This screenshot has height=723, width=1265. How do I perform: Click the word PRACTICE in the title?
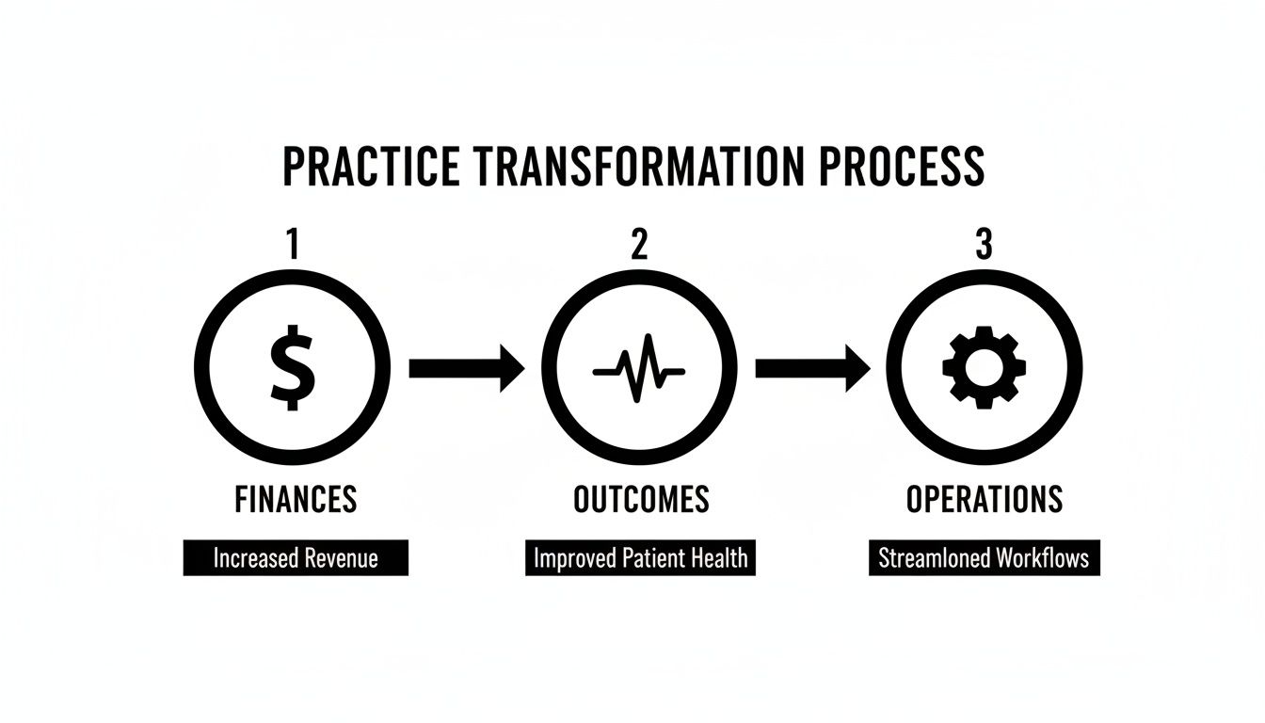tap(372, 167)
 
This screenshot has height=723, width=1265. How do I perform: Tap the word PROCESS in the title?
tap(901, 167)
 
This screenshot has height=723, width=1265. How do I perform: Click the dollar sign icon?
tap(292, 367)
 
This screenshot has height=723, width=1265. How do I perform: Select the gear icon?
tap(984, 367)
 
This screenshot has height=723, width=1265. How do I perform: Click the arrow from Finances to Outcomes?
tap(466, 367)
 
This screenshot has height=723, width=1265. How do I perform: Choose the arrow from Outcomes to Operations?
tap(812, 367)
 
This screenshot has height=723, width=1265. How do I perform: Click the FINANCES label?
tap(296, 499)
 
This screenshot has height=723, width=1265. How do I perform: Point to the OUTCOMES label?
tap(641, 499)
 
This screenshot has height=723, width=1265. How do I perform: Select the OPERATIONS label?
tap(985, 499)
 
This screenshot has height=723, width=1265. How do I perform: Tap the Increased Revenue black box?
tap(296, 557)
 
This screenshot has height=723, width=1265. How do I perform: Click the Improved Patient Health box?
tap(640, 557)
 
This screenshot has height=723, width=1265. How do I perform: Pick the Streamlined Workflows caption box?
tap(984, 557)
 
